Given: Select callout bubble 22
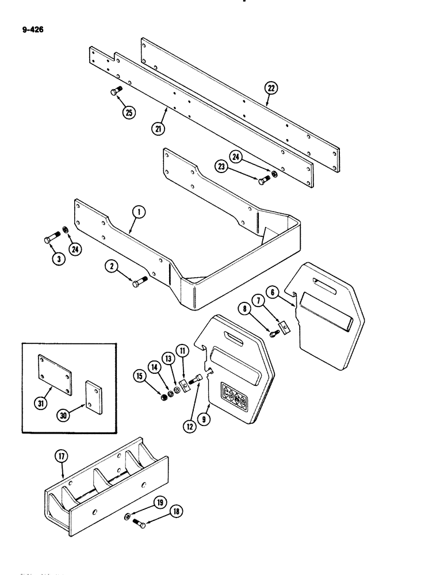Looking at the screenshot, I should point(270,88).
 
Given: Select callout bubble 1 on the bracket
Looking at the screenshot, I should point(138,213).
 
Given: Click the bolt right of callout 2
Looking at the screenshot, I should point(139,281).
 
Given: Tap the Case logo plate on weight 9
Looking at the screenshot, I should point(234,396).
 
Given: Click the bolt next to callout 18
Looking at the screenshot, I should point(138,523).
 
